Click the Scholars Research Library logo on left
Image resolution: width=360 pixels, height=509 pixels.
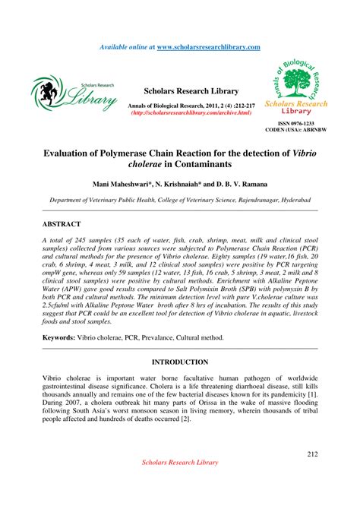pyautogui.click(x=74, y=92)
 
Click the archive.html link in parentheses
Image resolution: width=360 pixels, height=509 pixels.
pyautogui.click(x=191, y=112)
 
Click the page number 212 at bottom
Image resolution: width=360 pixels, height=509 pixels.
pyautogui.click(x=311, y=454)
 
